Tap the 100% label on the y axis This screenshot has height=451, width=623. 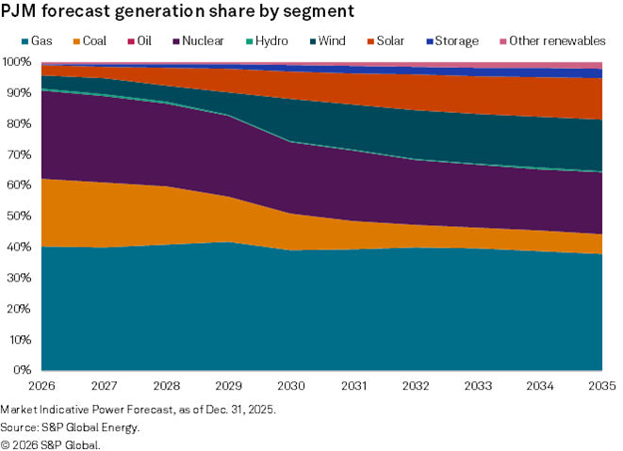[19, 62]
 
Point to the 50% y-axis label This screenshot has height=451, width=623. [22, 216]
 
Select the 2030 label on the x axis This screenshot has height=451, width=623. [290, 386]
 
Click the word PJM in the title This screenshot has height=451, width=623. [21, 12]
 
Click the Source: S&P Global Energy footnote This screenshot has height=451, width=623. [71, 427]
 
